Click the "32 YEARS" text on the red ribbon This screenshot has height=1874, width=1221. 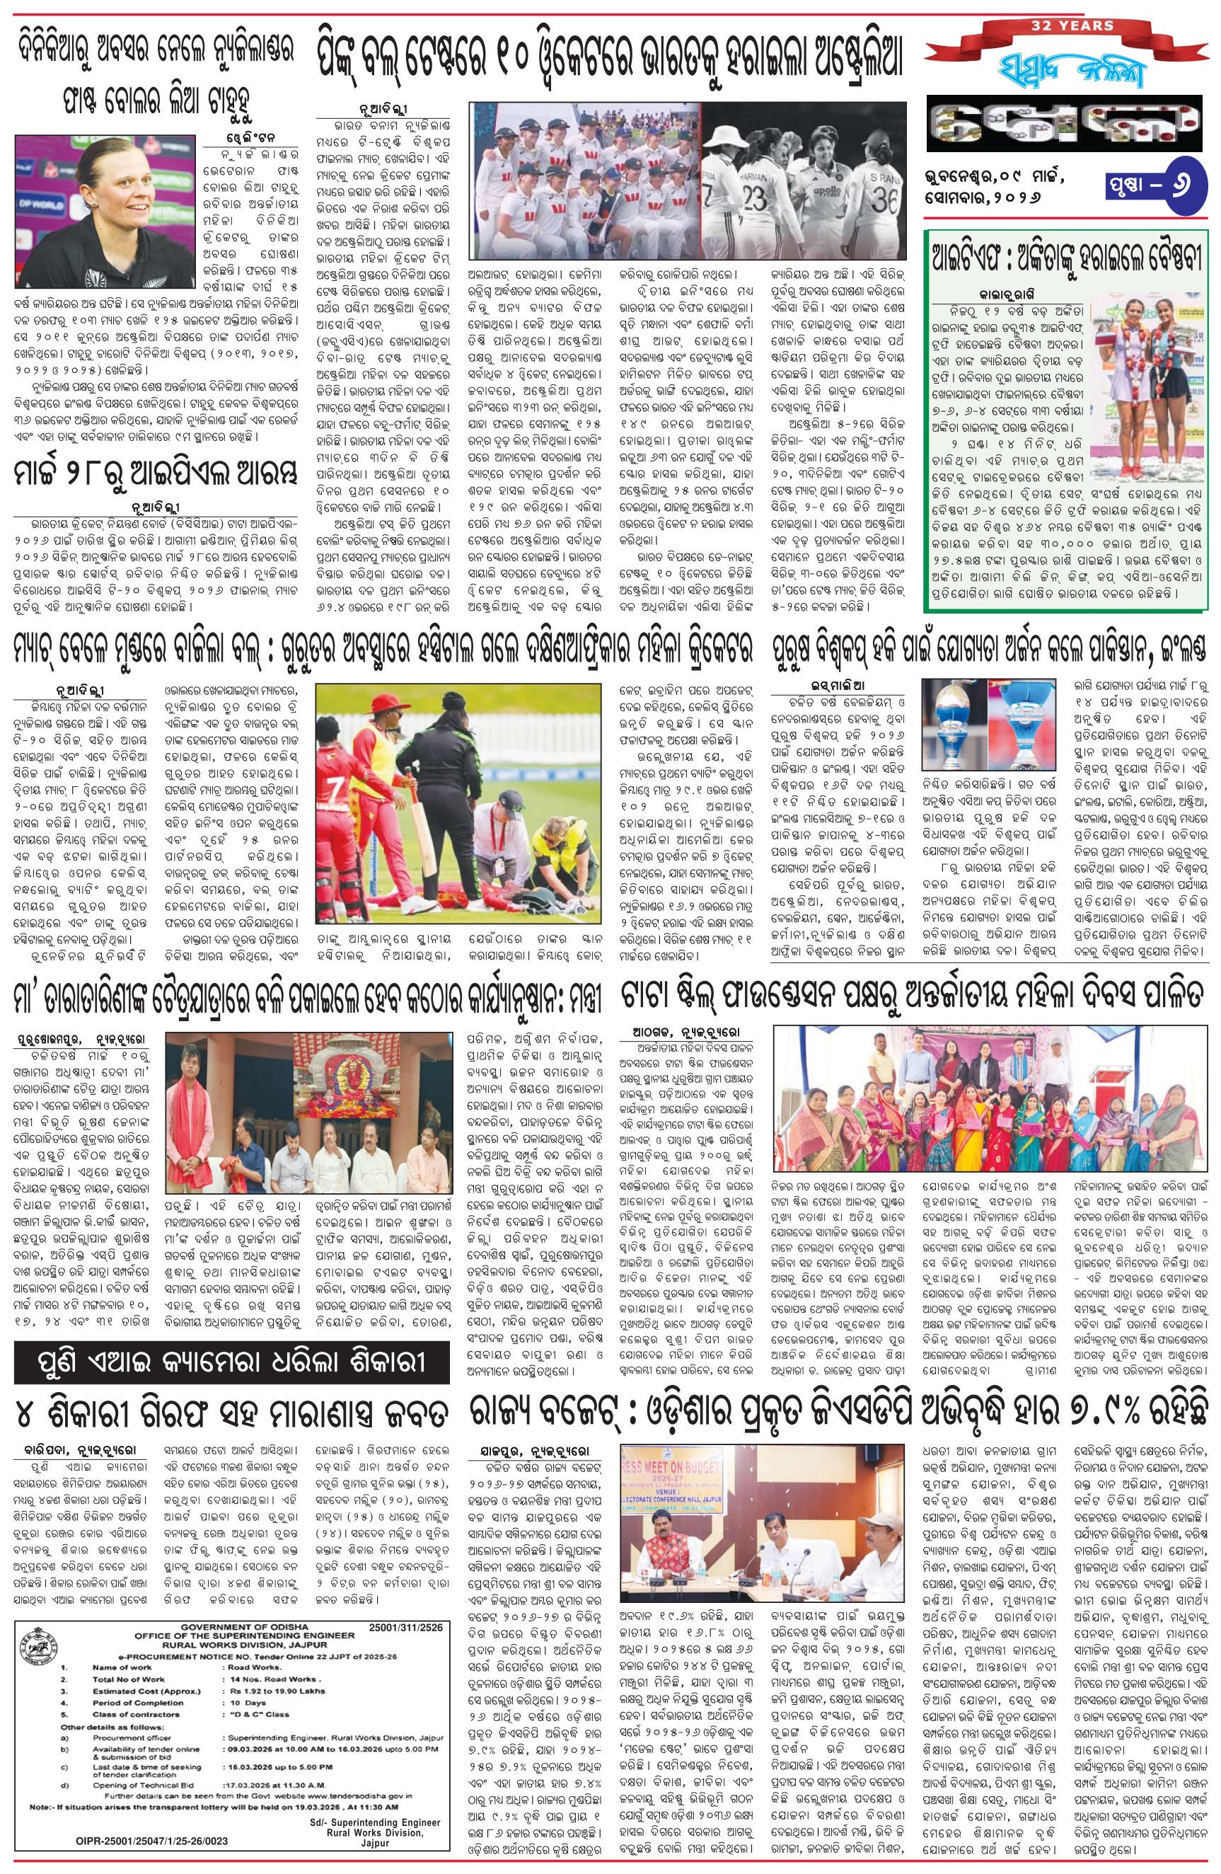tap(1074, 26)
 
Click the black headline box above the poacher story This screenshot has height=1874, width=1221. tap(231, 1363)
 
